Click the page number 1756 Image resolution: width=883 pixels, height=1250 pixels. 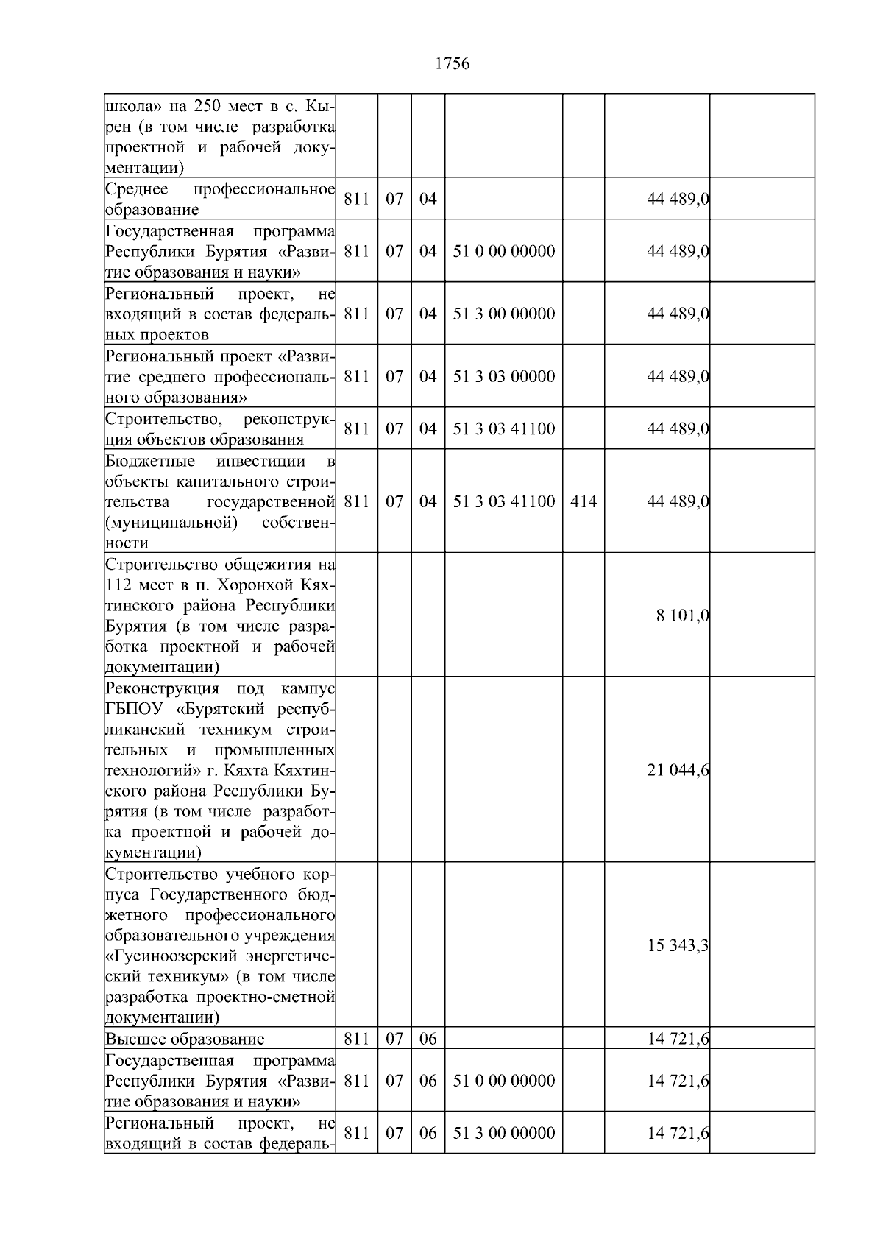pos(452,64)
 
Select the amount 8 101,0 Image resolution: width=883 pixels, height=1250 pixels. pos(682,615)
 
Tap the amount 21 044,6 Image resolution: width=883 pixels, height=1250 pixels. pos(678,770)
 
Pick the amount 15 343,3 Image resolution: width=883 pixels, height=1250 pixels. pos(678,945)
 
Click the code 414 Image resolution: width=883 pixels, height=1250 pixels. pos(583,502)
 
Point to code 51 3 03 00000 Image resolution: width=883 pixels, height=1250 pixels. pos(504,376)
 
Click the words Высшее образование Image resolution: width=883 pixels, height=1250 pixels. pos(185,1039)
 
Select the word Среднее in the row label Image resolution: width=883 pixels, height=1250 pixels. pos(137,190)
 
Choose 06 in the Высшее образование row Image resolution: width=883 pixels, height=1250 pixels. pos(428,1039)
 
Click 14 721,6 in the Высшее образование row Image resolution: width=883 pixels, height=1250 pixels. pos(678,1039)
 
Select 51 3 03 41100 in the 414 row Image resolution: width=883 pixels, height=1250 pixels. pos(504,502)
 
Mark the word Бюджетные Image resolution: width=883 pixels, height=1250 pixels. pos(150,462)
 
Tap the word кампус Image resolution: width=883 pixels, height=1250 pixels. pos(308,689)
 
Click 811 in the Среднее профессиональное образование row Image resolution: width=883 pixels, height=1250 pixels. pos(356,199)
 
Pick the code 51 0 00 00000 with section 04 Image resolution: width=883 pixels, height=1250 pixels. pos(504,252)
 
